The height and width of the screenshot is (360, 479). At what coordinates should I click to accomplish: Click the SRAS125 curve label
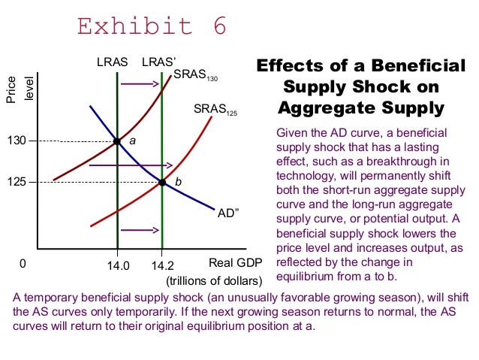215,111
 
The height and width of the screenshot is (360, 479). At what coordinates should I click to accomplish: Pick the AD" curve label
227,213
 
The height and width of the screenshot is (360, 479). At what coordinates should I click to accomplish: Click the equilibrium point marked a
117,141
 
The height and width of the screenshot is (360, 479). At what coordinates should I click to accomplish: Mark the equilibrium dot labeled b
162,181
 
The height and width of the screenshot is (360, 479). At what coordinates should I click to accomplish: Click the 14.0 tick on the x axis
118,265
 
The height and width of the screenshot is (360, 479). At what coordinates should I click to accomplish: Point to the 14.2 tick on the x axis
161,265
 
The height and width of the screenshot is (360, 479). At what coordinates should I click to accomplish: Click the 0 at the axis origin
23,265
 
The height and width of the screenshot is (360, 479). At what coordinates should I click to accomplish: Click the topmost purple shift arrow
141,83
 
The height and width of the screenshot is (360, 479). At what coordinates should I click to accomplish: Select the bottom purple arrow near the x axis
139,230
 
